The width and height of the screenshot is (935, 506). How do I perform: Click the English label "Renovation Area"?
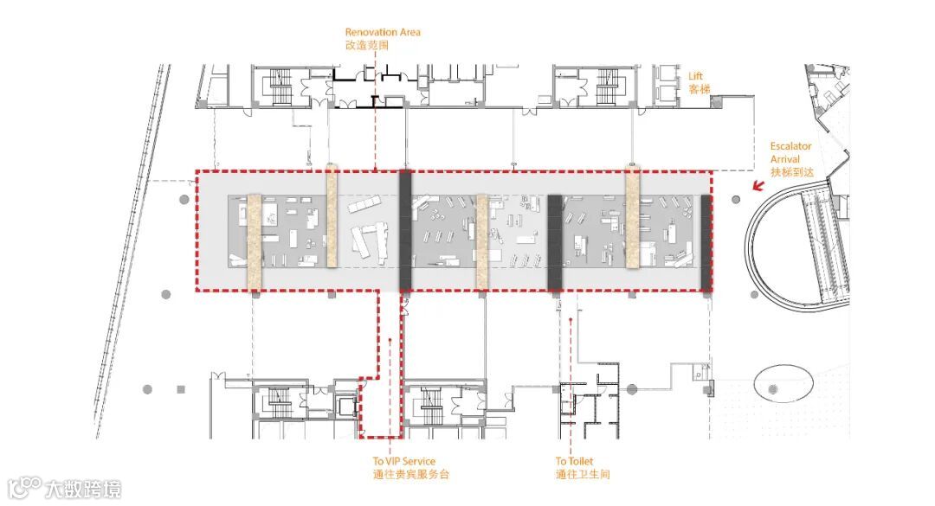[383, 32]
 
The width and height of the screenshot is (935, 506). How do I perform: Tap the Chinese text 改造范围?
[367, 45]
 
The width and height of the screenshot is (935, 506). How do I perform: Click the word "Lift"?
[695, 76]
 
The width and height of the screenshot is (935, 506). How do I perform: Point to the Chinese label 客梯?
[699, 89]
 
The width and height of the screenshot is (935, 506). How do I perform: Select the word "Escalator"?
[790, 146]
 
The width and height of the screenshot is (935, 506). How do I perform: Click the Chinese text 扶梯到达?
[792, 172]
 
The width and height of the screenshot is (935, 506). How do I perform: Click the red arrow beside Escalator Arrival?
[758, 186]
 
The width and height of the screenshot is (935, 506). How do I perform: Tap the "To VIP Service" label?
[403, 461]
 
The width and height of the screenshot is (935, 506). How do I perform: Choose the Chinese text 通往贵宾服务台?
[411, 474]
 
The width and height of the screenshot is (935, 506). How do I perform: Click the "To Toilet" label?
[574, 461]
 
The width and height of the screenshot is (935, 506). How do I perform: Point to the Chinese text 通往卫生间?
[583, 474]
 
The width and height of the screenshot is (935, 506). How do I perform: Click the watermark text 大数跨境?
[82, 490]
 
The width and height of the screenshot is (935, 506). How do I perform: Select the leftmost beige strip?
[255, 242]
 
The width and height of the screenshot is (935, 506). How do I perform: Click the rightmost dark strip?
[706, 242]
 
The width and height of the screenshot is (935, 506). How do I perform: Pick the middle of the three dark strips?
[555, 242]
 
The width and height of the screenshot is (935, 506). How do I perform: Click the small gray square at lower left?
[181, 389]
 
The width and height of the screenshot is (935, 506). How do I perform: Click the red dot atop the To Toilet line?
[571, 320]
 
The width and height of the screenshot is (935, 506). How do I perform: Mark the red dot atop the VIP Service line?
[390, 340]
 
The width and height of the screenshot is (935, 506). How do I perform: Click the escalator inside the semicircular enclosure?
[825, 245]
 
